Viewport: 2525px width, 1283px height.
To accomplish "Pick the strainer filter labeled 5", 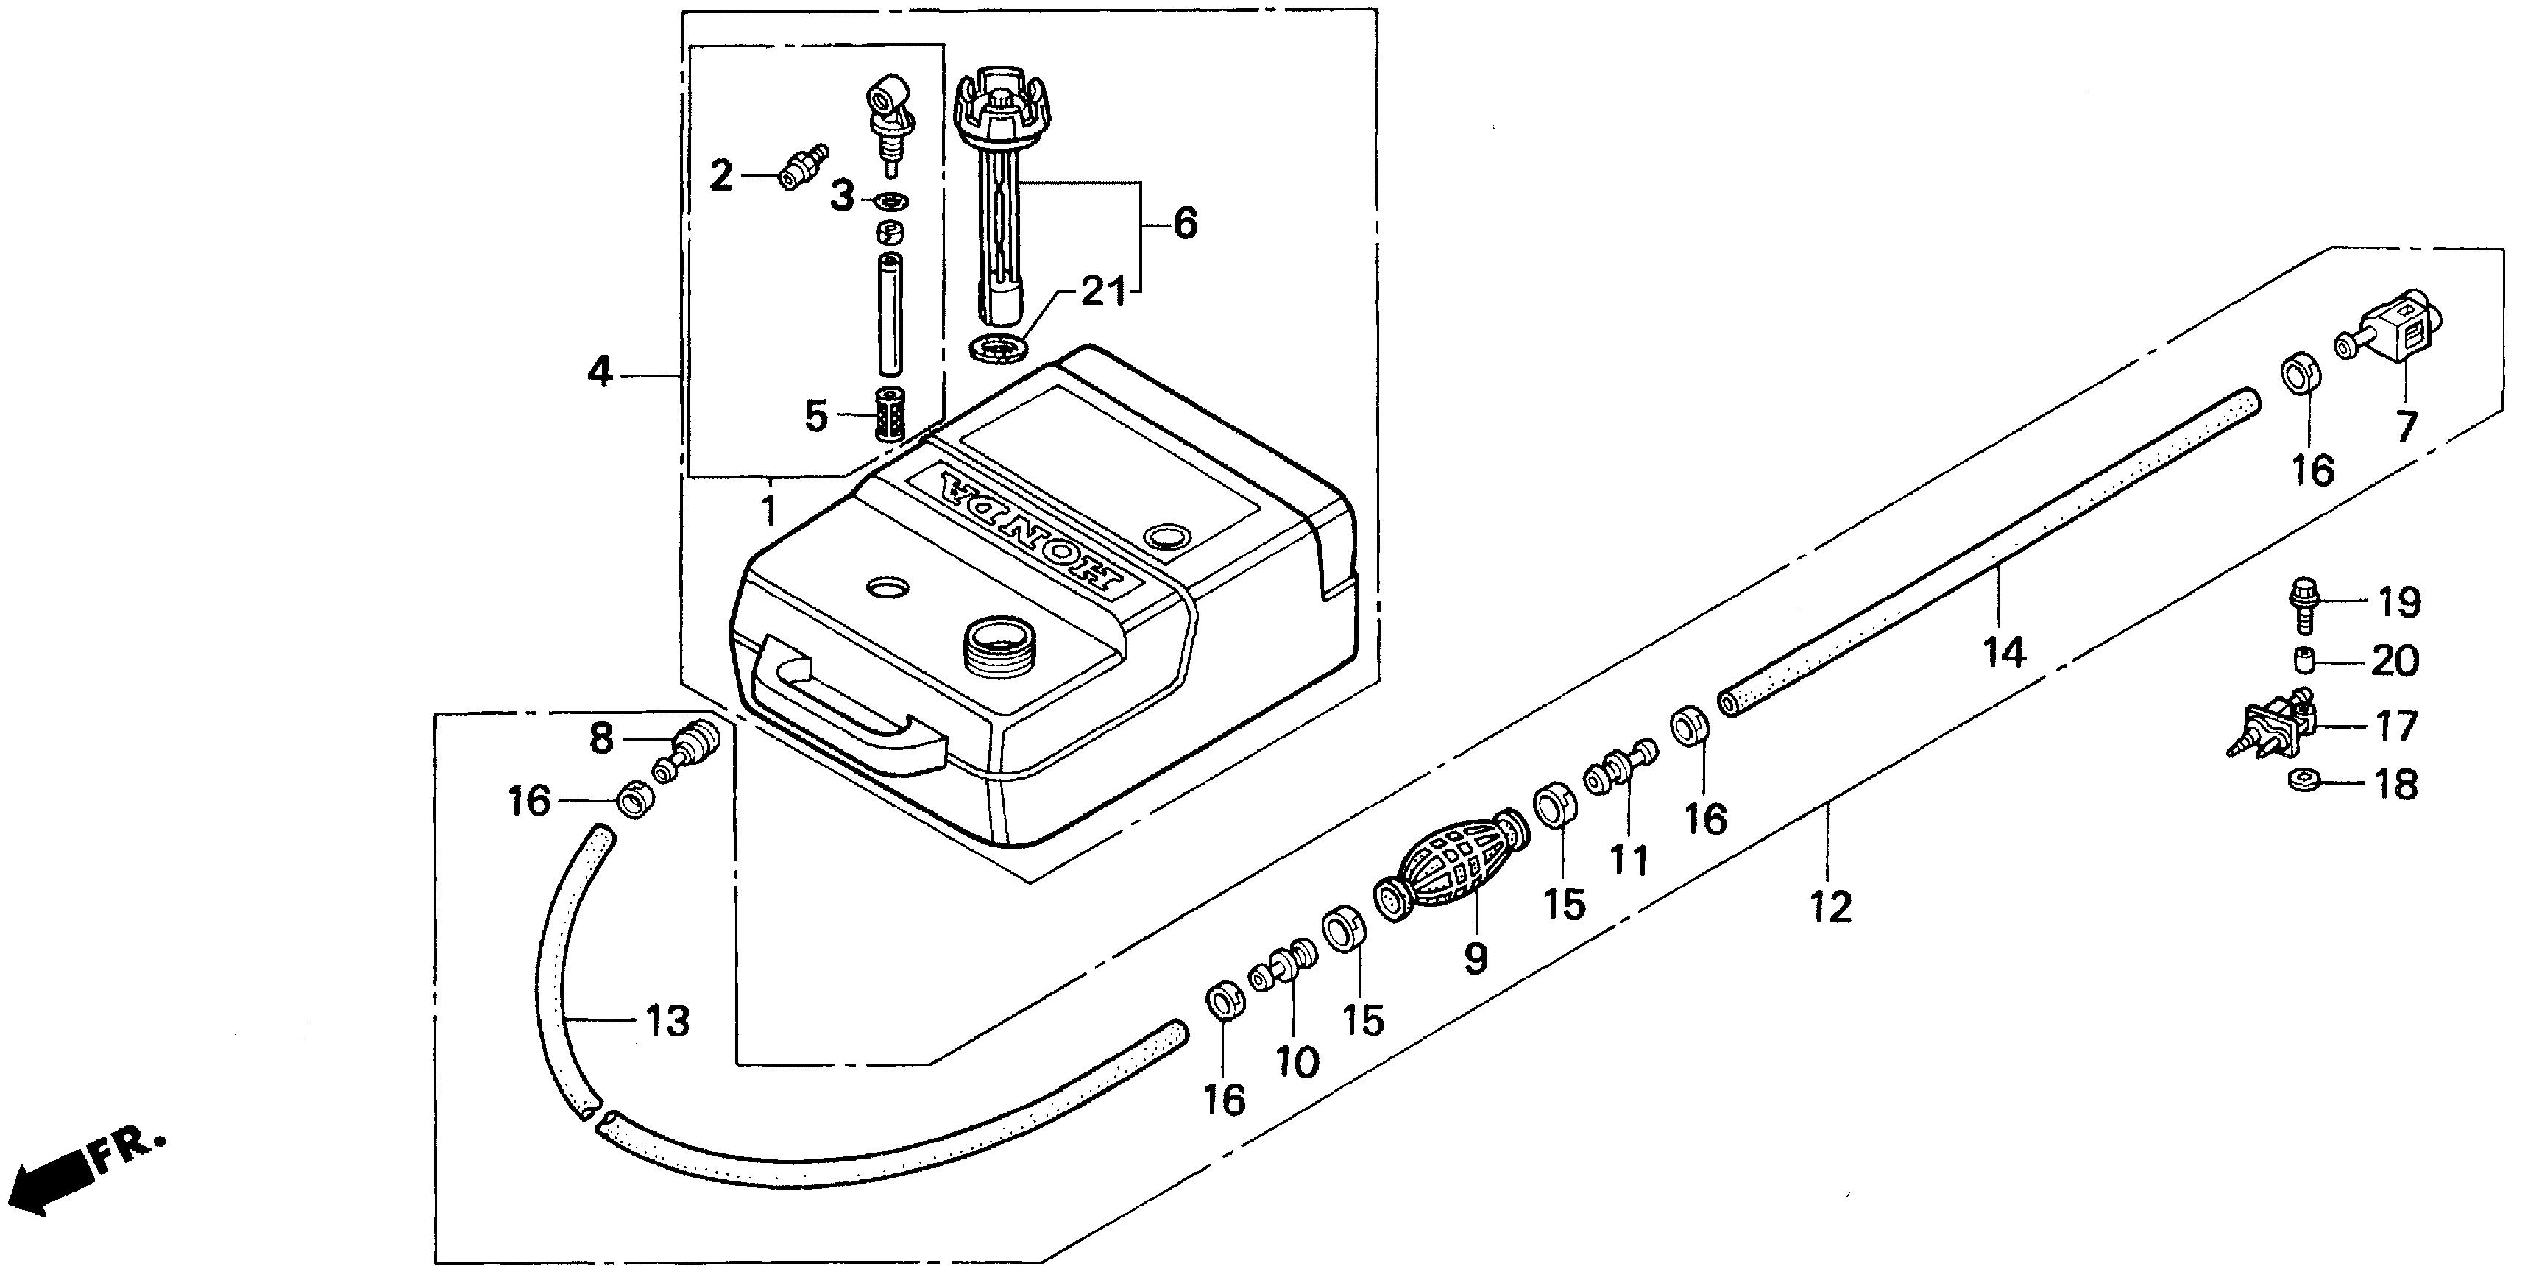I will coord(888,417).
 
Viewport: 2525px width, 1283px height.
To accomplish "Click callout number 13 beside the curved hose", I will coord(667,1021).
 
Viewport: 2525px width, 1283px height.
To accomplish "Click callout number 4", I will coord(600,372).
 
